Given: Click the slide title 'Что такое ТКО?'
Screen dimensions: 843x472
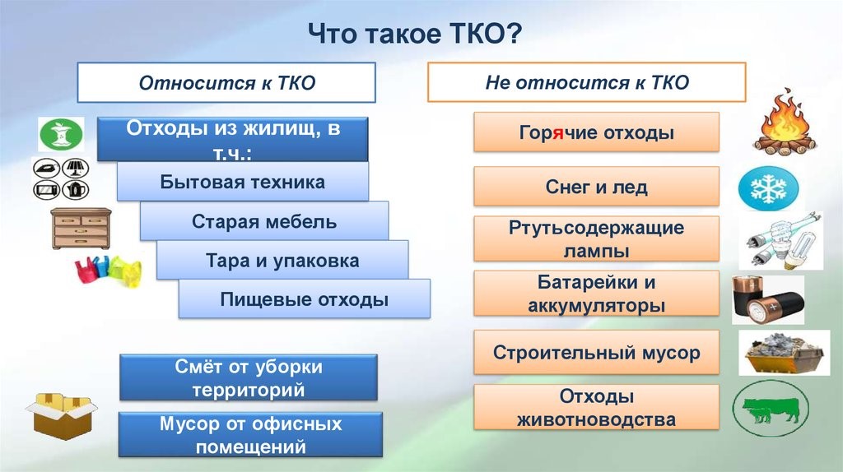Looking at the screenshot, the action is pos(415,34).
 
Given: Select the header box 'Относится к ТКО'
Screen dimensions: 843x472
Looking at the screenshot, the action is pos(226,83).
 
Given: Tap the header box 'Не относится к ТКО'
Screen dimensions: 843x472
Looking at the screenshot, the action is pos(586,82).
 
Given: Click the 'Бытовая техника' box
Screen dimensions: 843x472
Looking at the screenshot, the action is pos(243,182).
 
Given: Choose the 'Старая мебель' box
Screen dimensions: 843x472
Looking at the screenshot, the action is pos(264,221).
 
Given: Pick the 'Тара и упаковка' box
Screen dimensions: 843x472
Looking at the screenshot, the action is pos(282,261).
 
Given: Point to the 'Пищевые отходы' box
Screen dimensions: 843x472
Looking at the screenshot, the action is pos(305,299).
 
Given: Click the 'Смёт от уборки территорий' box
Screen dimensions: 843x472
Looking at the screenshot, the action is pos(249,377).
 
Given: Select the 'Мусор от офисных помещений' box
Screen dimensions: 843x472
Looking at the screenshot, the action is pos(250,434).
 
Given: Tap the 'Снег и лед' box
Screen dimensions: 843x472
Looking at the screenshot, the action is pos(596,187).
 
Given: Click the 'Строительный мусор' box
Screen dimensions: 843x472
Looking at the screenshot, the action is pos(596,352).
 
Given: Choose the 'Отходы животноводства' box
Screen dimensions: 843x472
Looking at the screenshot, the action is pos(596,408).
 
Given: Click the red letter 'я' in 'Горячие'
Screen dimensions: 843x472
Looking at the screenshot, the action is pos(558,133).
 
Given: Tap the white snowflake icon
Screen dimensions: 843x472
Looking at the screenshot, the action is pos(769,189).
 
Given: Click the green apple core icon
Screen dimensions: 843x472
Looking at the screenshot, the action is pos(61,134).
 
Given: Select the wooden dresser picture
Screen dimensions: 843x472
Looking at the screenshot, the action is pos(82,229).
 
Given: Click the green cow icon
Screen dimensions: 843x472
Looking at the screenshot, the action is pos(771,409).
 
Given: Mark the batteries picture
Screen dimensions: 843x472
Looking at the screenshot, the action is pos(768,299).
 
